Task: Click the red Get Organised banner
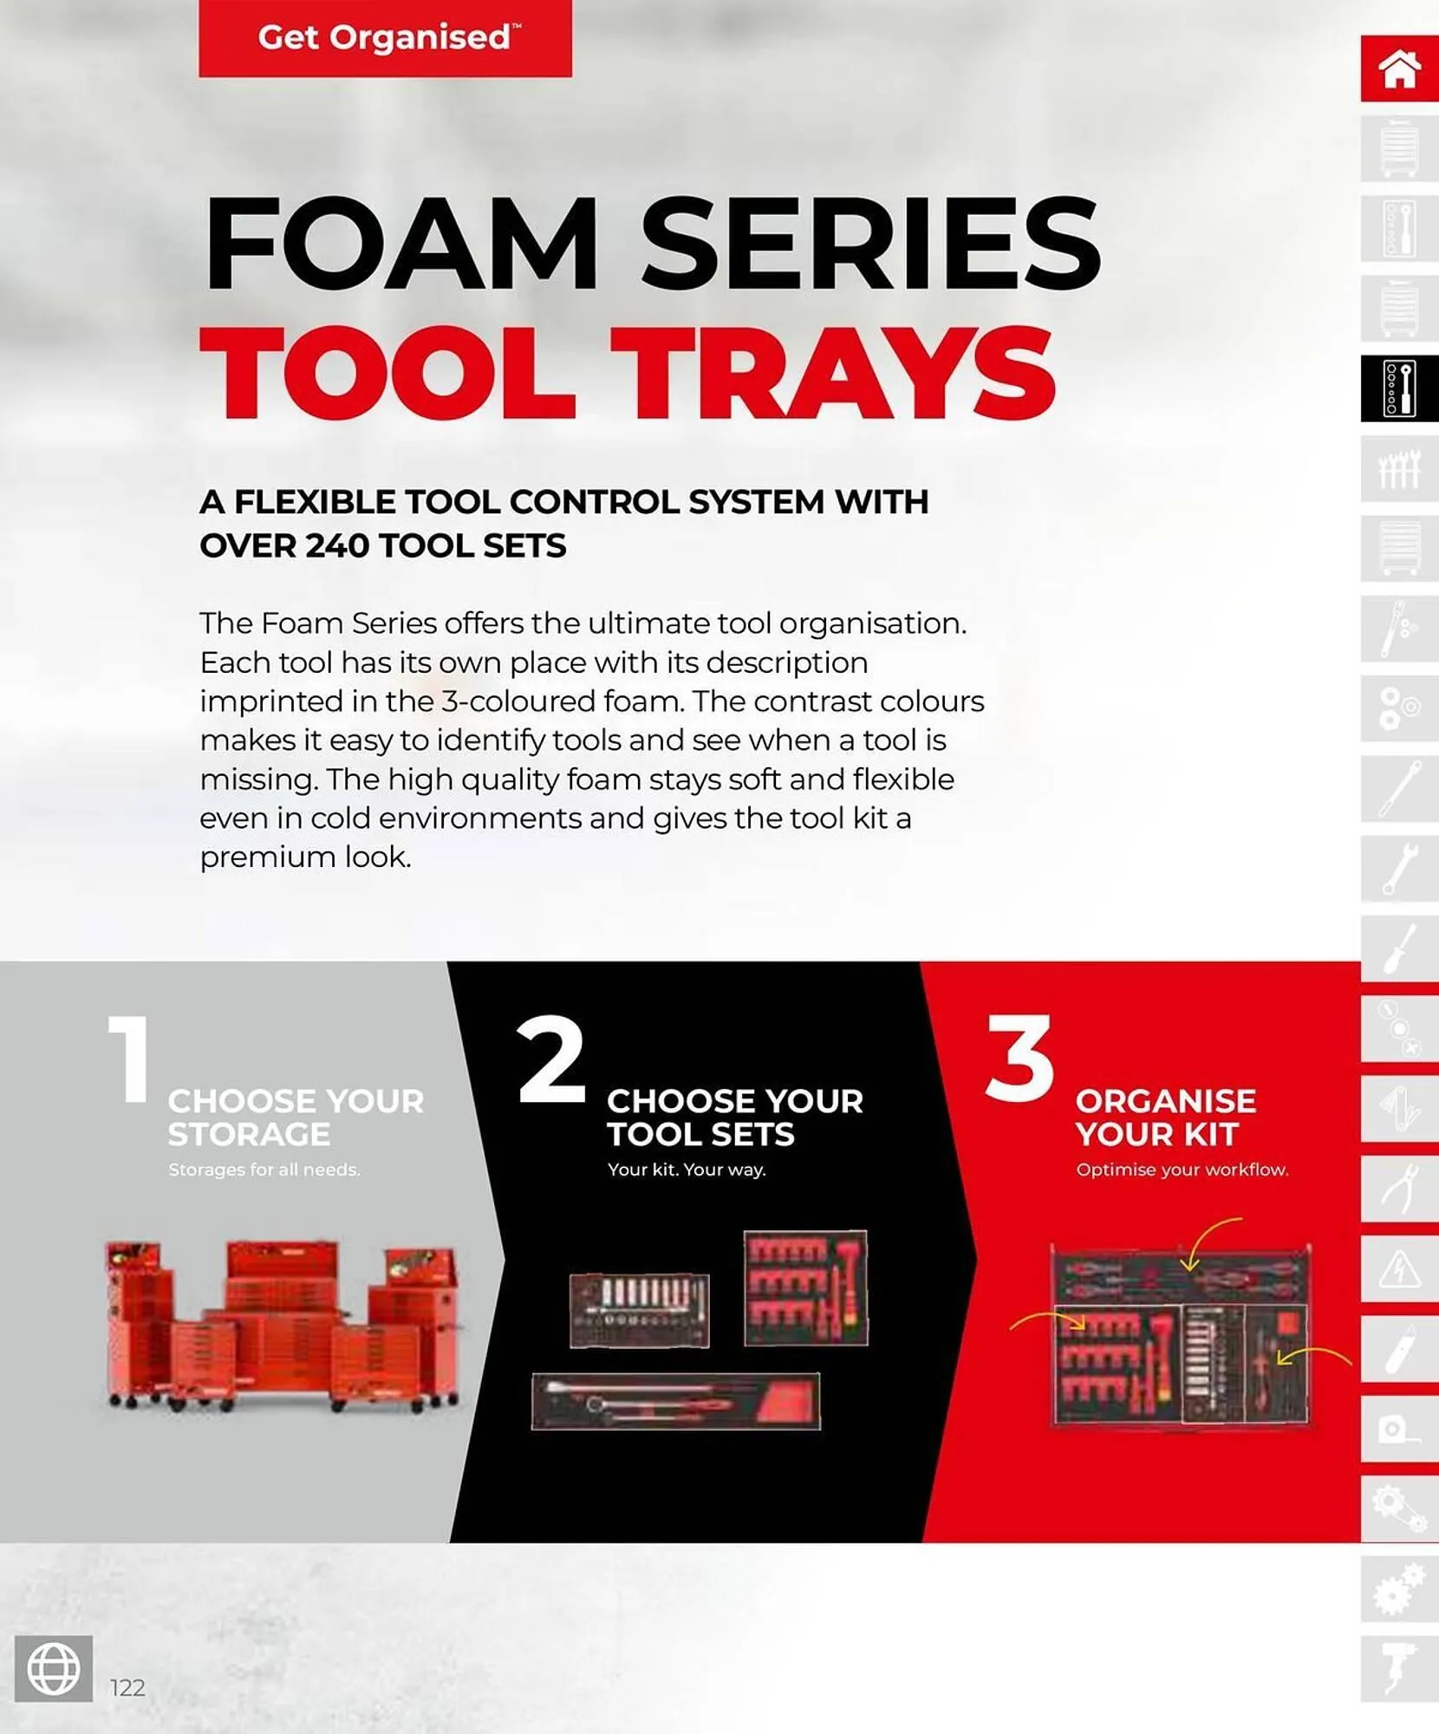click(x=385, y=38)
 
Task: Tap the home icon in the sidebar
click(x=1398, y=68)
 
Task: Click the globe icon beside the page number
click(x=54, y=1668)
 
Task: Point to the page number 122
click(x=127, y=1687)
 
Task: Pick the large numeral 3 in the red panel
click(x=1019, y=1059)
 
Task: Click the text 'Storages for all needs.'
click(x=264, y=1170)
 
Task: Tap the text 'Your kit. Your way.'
click(x=687, y=1170)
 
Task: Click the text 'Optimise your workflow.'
click(x=1182, y=1170)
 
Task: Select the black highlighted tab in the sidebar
click(x=1398, y=388)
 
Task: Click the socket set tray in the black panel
click(x=640, y=1311)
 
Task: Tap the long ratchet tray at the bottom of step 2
click(x=675, y=1401)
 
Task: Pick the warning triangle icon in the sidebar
click(x=1398, y=1270)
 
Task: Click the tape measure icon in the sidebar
click(x=1398, y=1430)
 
